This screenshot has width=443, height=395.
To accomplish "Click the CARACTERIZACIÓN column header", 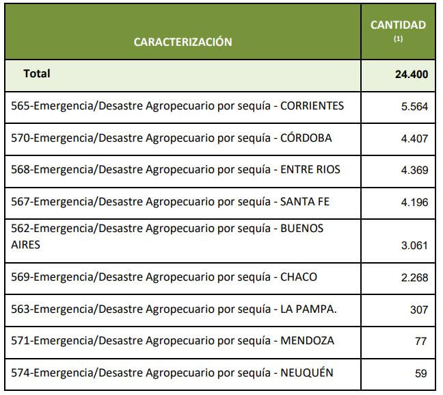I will pyautogui.click(x=183, y=42).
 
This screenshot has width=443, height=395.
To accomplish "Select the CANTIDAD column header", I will pyautogui.click(x=398, y=25).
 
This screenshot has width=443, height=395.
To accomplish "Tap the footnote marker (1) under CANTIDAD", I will pyautogui.click(x=398, y=39).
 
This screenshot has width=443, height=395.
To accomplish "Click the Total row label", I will pyautogui.click(x=37, y=73).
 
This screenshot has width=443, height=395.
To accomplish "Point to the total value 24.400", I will pyautogui.click(x=411, y=75).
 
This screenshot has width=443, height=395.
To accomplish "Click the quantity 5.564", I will pyautogui.click(x=415, y=107).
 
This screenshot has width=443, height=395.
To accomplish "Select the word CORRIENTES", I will pyautogui.click(x=312, y=106).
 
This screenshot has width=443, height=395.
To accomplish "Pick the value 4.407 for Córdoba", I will pyautogui.click(x=415, y=138).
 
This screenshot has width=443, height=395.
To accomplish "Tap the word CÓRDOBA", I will pyautogui.click(x=306, y=138).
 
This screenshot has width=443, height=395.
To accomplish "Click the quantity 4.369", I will pyautogui.click(x=415, y=170).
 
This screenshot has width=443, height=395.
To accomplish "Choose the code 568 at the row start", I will pyautogui.click(x=21, y=169).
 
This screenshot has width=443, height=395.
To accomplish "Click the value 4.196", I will pyautogui.click(x=415, y=202).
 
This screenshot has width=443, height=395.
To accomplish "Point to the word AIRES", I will pyautogui.click(x=26, y=244).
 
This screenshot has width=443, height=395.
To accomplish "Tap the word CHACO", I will pyautogui.click(x=299, y=277).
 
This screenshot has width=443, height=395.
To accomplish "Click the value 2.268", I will pyautogui.click(x=415, y=278).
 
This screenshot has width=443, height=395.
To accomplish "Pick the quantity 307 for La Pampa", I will pyautogui.click(x=419, y=310).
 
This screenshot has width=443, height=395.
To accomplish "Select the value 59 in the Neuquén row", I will pyautogui.click(x=421, y=373).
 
